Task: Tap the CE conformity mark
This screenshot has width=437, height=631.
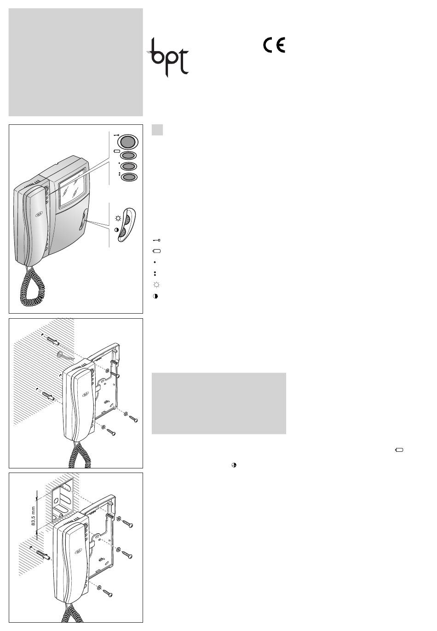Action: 274,45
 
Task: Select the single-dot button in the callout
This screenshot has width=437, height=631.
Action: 129,166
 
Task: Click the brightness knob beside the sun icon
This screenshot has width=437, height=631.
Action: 127,219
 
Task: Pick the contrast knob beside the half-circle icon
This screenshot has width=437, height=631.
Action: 122,232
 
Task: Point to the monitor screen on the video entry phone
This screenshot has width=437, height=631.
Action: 73,187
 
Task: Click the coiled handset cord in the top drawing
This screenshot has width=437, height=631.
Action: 32,287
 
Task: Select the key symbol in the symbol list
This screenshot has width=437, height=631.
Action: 156,240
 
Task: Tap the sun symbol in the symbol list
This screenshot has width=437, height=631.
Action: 156,285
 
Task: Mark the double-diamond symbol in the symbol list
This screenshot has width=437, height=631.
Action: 155,274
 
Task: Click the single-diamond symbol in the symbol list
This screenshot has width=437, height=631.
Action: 155,262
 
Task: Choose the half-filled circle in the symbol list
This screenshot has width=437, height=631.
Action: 155,296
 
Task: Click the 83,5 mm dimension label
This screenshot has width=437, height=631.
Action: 33,516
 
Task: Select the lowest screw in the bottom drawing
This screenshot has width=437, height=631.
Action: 107,593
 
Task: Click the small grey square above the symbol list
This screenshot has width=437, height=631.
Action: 157,130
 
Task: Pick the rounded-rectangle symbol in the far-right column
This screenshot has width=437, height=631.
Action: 399,450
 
